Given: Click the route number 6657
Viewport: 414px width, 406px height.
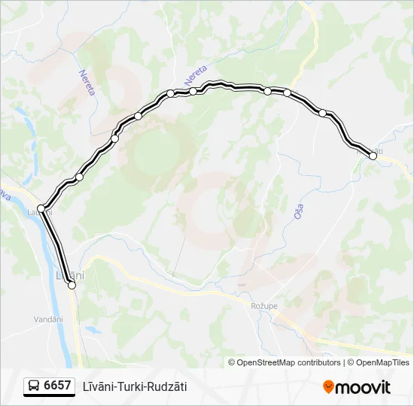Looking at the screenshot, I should (57, 386).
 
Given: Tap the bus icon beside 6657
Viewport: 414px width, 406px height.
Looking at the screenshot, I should (34, 386).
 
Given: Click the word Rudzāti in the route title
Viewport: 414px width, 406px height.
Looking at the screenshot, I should (167, 386).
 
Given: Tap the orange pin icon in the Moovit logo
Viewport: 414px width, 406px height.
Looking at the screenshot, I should (328, 386).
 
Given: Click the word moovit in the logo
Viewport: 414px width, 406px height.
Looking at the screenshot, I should (364, 387).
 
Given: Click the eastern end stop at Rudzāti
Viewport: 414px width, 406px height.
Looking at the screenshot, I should (373, 156).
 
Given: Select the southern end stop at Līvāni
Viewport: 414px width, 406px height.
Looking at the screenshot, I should (72, 285).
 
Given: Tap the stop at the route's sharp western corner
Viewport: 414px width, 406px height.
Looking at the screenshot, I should (41, 208).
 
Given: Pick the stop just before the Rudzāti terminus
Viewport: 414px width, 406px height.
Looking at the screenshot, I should (323, 113).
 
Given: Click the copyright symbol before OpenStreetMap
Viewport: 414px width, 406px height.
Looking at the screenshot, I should (232, 362).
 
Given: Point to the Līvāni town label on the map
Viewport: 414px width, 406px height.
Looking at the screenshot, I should (70, 275).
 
